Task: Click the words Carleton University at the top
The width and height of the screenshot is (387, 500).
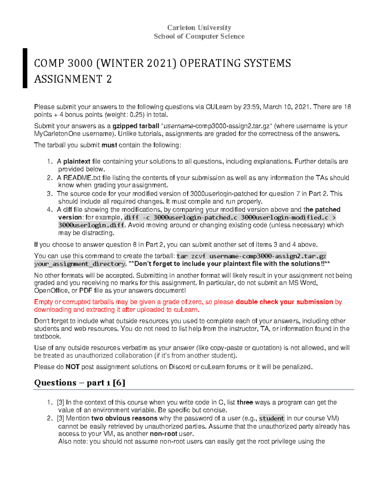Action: (199, 28)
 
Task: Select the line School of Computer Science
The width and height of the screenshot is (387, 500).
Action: (199, 36)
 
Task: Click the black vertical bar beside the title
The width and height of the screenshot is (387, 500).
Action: (25, 68)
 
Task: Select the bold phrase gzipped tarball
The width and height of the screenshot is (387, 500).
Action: (136, 126)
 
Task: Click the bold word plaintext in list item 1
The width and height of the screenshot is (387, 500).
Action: (77, 161)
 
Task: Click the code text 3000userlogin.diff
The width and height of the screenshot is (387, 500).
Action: (91, 225)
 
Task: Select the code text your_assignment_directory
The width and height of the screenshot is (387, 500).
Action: (80, 264)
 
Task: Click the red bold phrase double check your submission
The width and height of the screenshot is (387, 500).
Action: (284, 302)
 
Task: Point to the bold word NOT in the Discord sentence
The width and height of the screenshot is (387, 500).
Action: (73, 367)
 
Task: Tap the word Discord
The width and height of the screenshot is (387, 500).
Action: (180, 367)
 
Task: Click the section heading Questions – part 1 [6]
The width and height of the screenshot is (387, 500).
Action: (80, 383)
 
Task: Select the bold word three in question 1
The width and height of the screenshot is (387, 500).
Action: (245, 402)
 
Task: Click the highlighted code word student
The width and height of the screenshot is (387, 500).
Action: (272, 419)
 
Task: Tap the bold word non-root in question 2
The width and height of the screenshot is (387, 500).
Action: (164, 434)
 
